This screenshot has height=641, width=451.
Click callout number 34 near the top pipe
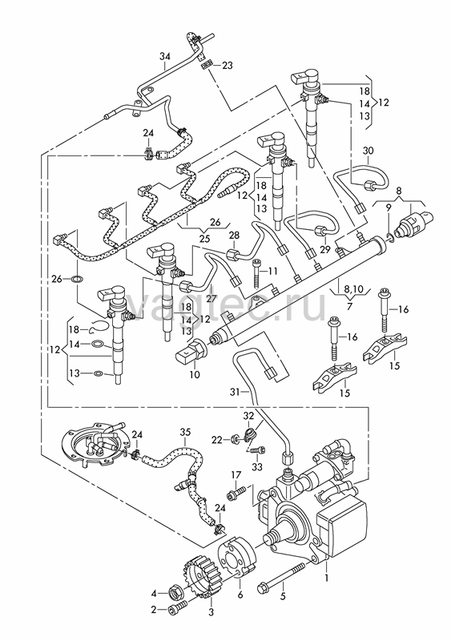164,56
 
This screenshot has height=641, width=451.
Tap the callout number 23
227,66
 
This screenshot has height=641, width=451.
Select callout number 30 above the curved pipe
368,151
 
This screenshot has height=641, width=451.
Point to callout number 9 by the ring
389,208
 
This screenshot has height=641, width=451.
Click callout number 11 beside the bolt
272,271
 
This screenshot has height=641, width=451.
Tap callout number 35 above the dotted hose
185,431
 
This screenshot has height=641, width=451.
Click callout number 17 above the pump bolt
236,474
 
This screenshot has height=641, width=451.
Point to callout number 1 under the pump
326,579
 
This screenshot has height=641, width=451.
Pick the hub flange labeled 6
240,557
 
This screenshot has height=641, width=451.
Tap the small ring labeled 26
77,279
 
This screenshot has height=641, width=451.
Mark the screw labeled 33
258,450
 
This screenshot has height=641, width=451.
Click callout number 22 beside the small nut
217,440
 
